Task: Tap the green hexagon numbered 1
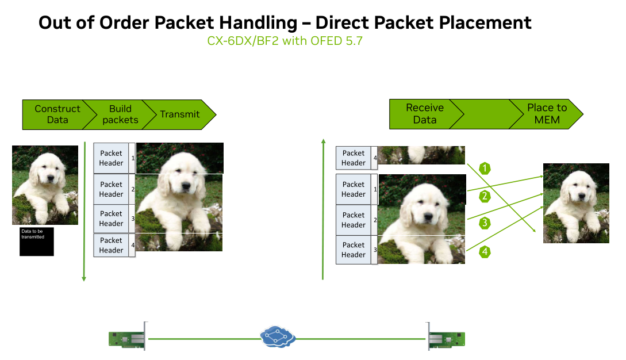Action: coord(485,168)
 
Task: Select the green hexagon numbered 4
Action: coord(485,252)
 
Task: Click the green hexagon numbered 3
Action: coord(485,223)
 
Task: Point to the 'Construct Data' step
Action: coord(57,114)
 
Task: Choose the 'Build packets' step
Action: coord(120,114)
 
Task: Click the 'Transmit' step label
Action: coord(180,114)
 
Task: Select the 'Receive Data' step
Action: coord(425,114)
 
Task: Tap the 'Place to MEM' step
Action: coord(547,114)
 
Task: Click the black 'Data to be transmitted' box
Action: coord(37,242)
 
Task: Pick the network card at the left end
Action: coord(128,339)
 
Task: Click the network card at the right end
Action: coord(446,339)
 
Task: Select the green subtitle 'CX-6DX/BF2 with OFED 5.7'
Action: coord(285,41)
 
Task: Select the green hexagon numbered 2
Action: coord(485,196)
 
